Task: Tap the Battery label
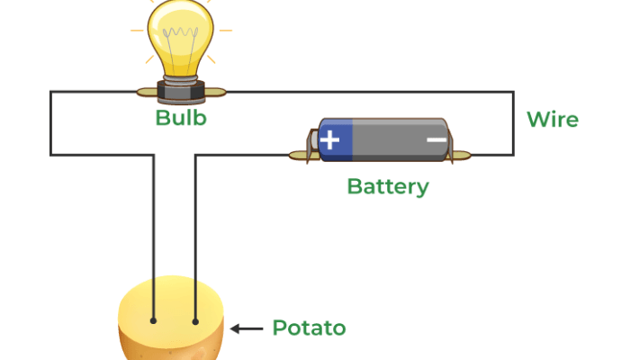pos(387,187)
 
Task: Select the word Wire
pos(552,120)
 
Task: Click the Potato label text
pos(309,328)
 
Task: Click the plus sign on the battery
pos(331,139)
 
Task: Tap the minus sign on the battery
pos(436,139)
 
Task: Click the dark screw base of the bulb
pos(180,89)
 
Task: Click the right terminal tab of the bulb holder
pos(216,91)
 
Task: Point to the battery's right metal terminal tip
pos(463,155)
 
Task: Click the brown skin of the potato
pos(171,349)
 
